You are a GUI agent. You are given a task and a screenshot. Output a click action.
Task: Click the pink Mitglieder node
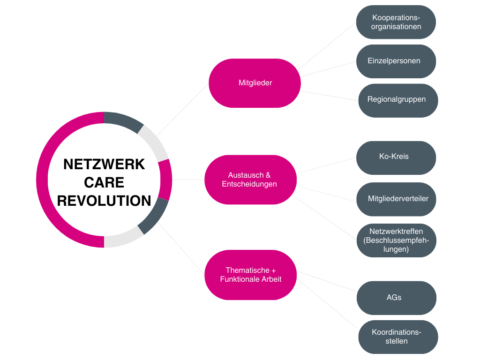click(x=255, y=83)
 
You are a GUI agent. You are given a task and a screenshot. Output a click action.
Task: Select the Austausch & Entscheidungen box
click(x=250, y=180)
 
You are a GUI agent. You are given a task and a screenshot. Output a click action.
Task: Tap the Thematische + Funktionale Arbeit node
click(x=251, y=275)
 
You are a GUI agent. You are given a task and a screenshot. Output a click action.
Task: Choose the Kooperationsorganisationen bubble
click(x=396, y=22)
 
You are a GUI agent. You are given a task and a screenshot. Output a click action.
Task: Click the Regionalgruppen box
click(x=398, y=100)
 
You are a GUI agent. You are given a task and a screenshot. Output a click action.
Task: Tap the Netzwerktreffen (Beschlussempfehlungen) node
click(x=396, y=240)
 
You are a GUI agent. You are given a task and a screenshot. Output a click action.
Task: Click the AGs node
click(x=396, y=298)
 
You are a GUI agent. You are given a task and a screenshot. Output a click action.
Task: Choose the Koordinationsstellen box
click(x=398, y=337)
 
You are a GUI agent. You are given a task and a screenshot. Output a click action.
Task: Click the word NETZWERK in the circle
click(x=104, y=164)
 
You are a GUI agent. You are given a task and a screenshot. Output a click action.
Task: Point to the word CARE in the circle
click(x=104, y=182)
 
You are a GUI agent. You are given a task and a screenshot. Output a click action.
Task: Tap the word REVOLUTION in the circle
click(x=104, y=201)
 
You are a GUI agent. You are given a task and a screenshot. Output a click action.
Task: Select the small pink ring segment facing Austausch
click(x=165, y=180)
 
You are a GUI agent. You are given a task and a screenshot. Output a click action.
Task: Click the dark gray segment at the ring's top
click(x=123, y=121)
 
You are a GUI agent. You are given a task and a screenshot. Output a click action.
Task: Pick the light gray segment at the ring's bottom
click(x=123, y=239)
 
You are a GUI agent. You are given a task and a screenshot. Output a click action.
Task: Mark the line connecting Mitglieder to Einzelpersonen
click(x=328, y=68)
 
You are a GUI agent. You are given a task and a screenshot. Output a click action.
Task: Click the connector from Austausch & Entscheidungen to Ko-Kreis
click(x=327, y=165)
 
